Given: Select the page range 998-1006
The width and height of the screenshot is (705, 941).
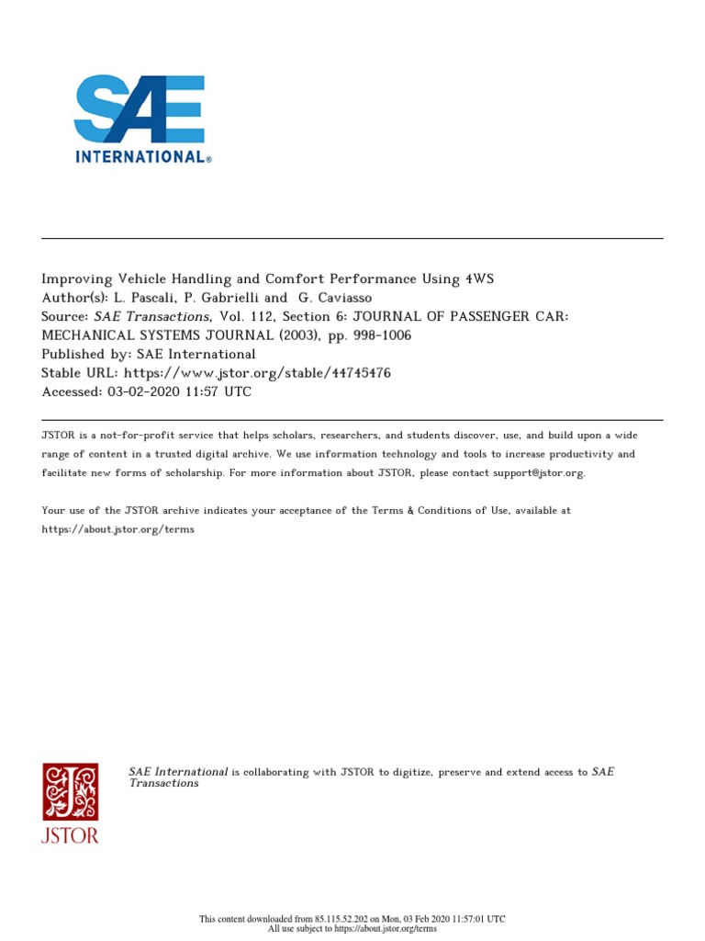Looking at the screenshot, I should tap(381, 335).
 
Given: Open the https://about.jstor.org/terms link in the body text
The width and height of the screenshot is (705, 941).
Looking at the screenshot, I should tap(118, 530).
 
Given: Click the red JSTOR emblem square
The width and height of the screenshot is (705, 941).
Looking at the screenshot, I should tap(70, 791).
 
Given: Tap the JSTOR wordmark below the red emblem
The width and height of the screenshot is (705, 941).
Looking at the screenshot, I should tap(70, 835).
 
